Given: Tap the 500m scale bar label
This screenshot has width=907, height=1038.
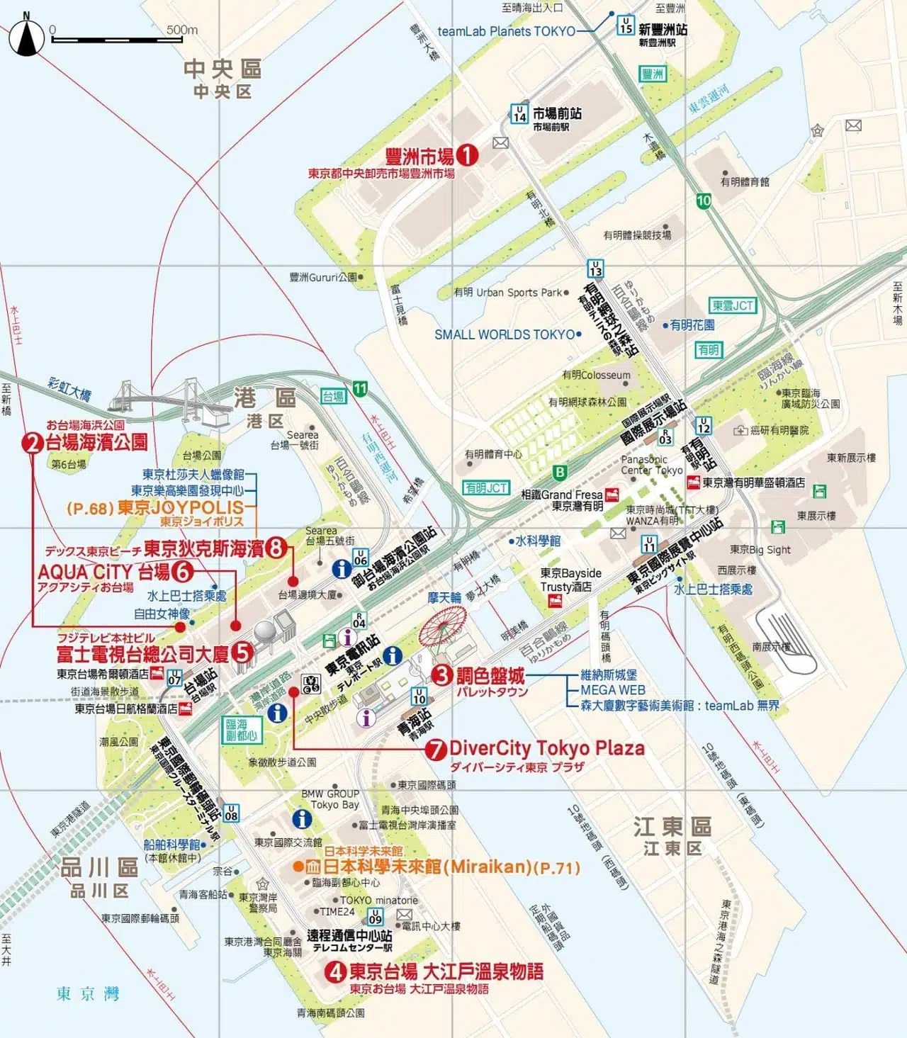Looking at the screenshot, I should (182, 30).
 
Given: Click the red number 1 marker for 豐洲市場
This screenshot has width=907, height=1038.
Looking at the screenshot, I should (466, 155).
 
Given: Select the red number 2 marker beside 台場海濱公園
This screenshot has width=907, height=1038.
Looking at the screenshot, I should (33, 444).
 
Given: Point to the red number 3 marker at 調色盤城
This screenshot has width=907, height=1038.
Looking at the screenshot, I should (442, 675).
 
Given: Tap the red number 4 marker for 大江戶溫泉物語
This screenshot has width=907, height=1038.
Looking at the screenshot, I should (335, 971).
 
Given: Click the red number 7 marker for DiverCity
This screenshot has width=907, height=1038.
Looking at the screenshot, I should (436, 750).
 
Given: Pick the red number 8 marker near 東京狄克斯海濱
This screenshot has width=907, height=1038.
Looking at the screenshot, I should (276, 548).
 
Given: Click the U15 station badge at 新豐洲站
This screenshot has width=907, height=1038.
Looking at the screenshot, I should (625, 26).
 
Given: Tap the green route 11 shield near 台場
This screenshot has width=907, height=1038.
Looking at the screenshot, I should (361, 388).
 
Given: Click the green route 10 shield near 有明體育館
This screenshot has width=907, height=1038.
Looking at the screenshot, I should (703, 201).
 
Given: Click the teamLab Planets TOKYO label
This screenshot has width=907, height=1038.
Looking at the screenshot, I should (506, 31).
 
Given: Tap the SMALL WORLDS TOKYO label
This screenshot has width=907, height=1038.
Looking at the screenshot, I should (505, 334).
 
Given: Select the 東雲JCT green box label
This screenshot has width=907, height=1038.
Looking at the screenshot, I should (733, 306).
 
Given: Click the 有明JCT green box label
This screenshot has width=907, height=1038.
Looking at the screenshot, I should (486, 487).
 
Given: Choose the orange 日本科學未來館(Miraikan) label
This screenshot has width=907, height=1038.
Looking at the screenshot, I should (436, 867).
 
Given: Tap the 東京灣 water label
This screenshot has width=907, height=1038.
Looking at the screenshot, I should (88, 994).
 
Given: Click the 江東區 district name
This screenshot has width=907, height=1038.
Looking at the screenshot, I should (672, 826).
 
